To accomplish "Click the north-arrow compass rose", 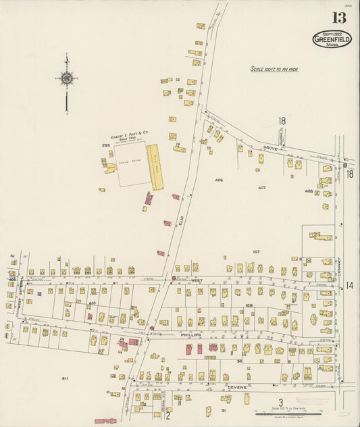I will point(66,79).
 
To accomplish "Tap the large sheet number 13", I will point(338,18).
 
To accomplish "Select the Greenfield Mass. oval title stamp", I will point(332,39).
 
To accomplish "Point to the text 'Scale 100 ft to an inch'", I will point(274,69).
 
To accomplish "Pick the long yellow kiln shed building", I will point(155,167).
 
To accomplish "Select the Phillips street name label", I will point(190,334).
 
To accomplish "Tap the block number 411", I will point(65,378).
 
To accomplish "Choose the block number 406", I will point(218,180).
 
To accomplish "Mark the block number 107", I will point(256,251).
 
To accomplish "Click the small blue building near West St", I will point(39,293).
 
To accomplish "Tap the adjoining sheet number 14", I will point(350,286).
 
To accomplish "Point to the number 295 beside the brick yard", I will point(105,145).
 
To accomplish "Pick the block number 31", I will point(224,410).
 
